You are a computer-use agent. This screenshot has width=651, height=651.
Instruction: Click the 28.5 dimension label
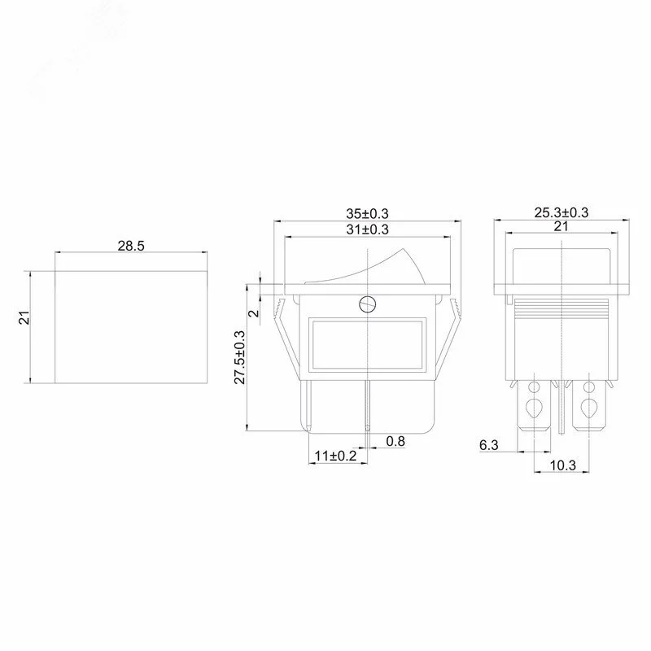click(x=131, y=246)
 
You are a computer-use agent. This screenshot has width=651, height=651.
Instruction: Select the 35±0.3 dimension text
click(x=368, y=213)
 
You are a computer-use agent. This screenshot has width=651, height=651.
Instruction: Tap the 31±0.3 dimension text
click(x=368, y=229)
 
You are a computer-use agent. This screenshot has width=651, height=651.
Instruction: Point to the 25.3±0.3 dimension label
click(x=561, y=212)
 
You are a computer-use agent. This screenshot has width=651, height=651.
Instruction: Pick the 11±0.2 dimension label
click(x=335, y=456)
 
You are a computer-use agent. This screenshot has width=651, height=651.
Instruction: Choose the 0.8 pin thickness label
click(x=395, y=441)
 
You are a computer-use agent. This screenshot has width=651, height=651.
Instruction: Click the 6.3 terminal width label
click(x=489, y=445)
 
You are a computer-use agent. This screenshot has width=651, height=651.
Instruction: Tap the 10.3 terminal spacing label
click(x=563, y=465)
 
